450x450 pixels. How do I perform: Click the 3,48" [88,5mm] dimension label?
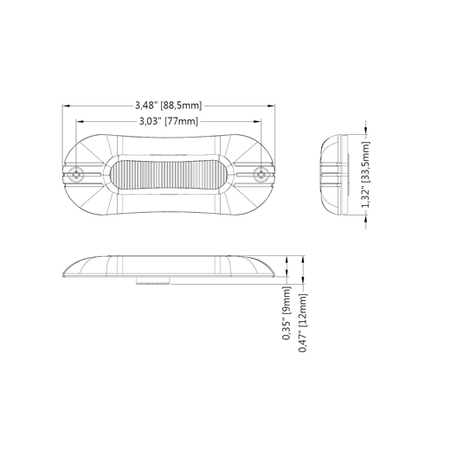(x=169, y=106)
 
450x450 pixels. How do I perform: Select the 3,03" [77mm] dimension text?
(x=169, y=121)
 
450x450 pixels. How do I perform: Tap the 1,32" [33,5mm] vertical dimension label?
(x=366, y=175)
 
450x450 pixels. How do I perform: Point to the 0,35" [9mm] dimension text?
(x=286, y=313)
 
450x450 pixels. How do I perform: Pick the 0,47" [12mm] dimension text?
(x=303, y=323)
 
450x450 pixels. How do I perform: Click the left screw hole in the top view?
(x=76, y=175)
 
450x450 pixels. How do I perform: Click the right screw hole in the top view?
(x=261, y=175)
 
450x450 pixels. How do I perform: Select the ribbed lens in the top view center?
(x=169, y=175)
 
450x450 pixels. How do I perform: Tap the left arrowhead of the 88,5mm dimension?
(x=67, y=106)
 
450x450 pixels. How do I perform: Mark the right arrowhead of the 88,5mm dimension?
(x=271, y=106)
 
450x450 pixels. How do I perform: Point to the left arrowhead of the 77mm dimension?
(x=80, y=121)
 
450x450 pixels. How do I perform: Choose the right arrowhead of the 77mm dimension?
(x=257, y=121)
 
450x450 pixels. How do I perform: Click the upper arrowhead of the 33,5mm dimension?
(x=366, y=131)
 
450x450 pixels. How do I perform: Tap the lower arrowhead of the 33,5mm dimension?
(x=366, y=219)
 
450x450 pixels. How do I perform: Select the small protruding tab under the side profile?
(x=153, y=280)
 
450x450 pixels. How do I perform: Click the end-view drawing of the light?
(x=335, y=175)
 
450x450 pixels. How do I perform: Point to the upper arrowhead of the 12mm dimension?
(x=303, y=260)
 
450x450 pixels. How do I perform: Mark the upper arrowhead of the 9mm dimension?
(x=286, y=260)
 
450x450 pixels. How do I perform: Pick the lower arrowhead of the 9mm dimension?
(x=286, y=273)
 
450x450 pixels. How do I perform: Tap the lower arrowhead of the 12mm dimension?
(x=303, y=280)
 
